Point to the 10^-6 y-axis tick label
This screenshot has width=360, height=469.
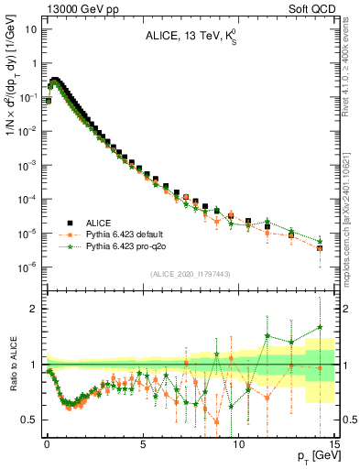click(26, 267)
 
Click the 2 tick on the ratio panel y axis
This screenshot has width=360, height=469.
click(32, 309)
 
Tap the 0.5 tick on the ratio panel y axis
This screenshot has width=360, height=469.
click(28, 420)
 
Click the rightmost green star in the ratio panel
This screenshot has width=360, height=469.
click(320, 327)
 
